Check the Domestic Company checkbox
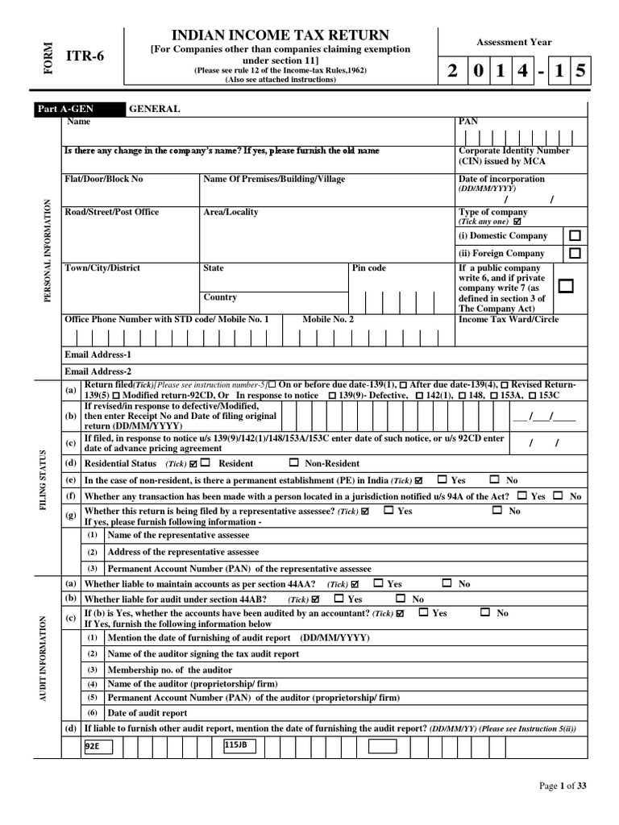click(x=574, y=236)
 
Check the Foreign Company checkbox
click(x=574, y=253)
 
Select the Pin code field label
click(x=370, y=268)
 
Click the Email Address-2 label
click(x=98, y=371)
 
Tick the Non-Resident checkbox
click(x=294, y=462)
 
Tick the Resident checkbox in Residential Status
click(x=206, y=462)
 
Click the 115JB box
click(x=240, y=746)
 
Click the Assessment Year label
click(x=513, y=43)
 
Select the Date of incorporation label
click(x=501, y=179)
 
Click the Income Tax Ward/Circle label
click(x=508, y=319)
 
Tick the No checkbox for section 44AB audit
click(x=401, y=599)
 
